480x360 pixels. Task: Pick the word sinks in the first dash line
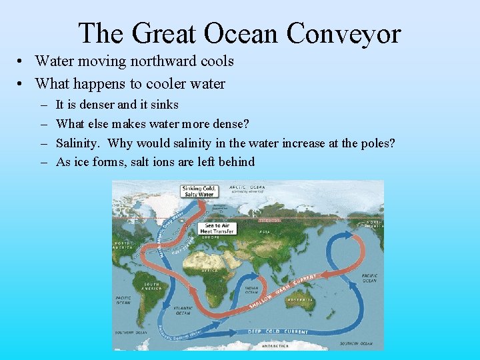click(164, 105)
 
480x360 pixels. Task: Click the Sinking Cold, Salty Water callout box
click(199, 191)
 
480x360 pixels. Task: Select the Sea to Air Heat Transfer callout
click(215, 227)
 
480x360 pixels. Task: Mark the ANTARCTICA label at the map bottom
click(275, 346)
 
